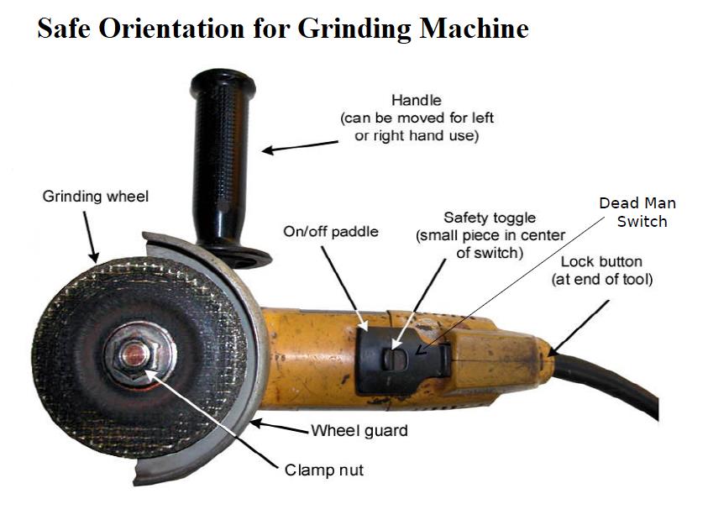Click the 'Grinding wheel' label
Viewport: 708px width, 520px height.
point(95,197)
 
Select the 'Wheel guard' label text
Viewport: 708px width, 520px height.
point(359,431)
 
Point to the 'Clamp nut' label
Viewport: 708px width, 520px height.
point(324,470)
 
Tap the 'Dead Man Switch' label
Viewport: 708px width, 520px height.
point(637,213)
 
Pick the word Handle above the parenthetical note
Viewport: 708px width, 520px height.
point(416,101)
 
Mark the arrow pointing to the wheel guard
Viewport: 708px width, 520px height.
point(281,427)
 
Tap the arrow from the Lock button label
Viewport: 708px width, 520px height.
point(571,321)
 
